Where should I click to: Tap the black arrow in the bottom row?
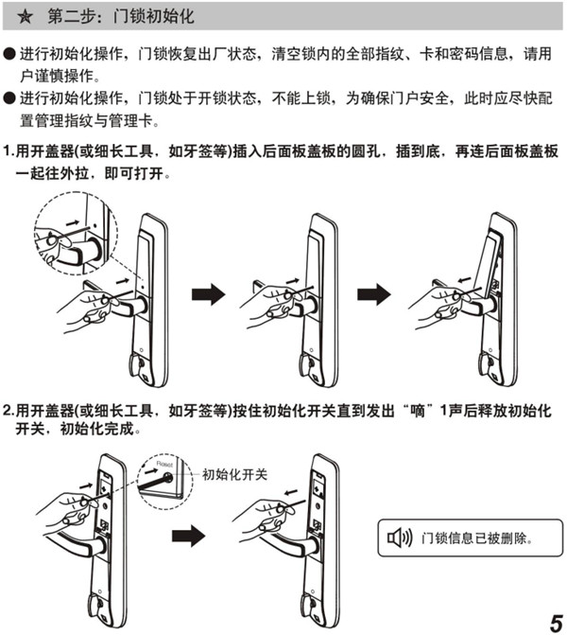pos(189,537)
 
